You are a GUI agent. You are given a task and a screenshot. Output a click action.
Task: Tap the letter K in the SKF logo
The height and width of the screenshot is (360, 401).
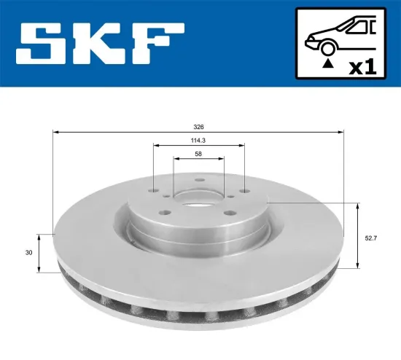pyautogui.click(x=96, y=44)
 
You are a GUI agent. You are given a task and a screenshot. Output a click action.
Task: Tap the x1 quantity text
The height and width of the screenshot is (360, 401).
pyautogui.click(x=362, y=66)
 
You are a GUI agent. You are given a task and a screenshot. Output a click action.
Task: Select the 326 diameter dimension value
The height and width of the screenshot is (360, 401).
pyautogui.click(x=198, y=127)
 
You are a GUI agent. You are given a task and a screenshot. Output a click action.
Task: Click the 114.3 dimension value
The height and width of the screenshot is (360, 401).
pyautogui.click(x=198, y=141)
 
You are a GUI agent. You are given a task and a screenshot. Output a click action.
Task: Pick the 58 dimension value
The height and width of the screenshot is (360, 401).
pyautogui.click(x=198, y=154)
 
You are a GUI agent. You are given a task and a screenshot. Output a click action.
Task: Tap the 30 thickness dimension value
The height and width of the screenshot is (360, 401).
pyautogui.click(x=28, y=253)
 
